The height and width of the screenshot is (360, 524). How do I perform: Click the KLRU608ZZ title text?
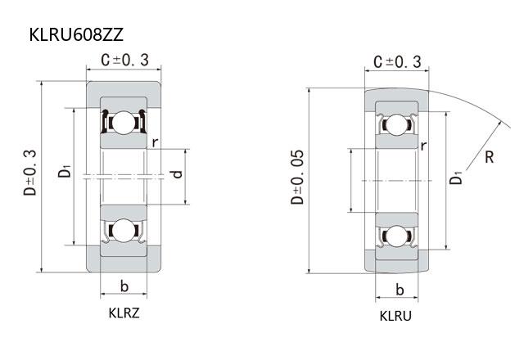(76, 34)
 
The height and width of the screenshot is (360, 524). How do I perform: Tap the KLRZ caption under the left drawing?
(124, 313)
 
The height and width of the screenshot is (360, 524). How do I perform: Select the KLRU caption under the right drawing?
(395, 316)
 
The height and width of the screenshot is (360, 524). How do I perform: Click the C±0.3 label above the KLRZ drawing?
(124, 60)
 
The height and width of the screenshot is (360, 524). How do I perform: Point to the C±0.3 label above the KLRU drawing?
(397, 62)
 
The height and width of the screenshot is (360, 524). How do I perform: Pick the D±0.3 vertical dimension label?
(30, 173)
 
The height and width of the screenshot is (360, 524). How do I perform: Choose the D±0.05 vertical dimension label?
(297, 177)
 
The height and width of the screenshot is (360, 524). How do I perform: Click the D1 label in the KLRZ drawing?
(65, 170)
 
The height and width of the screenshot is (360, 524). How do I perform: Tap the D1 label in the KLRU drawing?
(455, 178)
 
